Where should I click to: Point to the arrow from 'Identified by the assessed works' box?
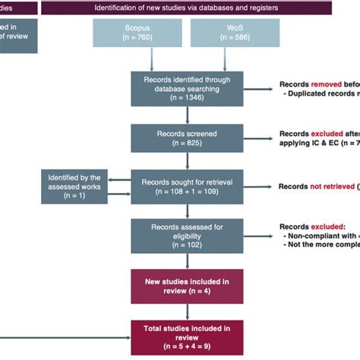[x=118, y=186]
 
